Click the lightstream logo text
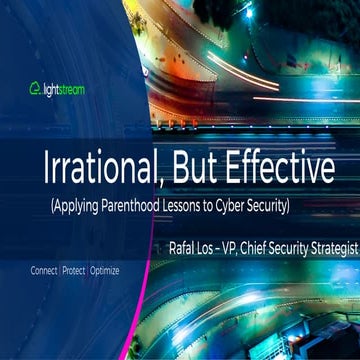pyautogui.click(x=64, y=88)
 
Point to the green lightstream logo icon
pyautogui.click(x=34, y=88)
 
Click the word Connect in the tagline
pyautogui.click(x=44, y=271)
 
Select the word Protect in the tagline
pyautogui.click(x=74, y=271)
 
